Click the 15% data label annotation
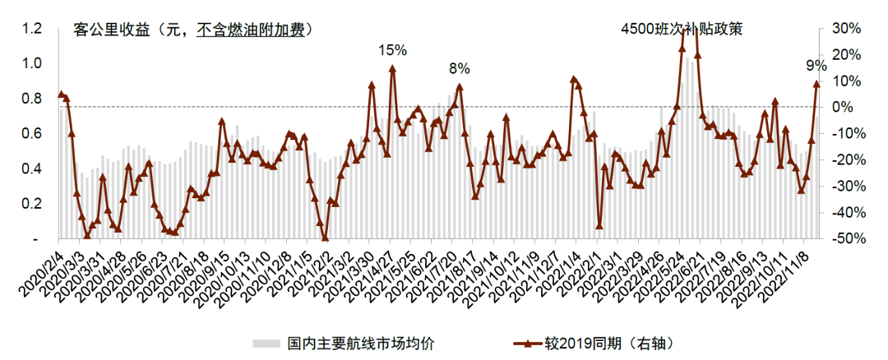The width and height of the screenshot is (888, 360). click(392, 50)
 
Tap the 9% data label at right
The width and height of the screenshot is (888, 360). click(816, 66)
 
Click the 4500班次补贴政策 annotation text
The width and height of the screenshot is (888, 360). click(682, 30)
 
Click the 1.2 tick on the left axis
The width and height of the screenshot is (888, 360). click(32, 29)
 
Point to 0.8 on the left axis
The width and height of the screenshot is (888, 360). click(32, 99)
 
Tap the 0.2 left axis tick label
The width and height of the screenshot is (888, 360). click(32, 204)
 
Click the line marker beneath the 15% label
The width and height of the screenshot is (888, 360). click(392, 68)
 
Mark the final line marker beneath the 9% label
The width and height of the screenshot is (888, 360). click(816, 83)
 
